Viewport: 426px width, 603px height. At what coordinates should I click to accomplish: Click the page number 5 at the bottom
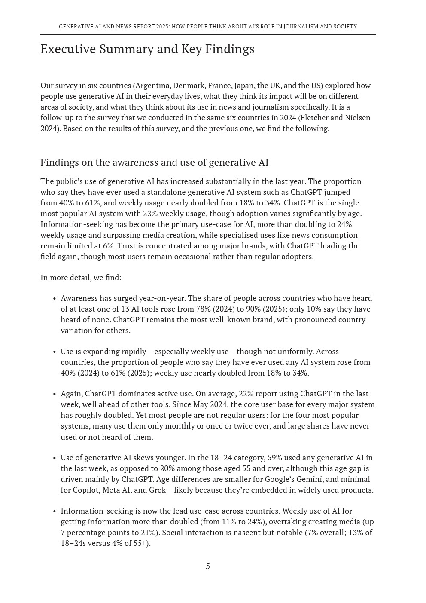coord(208,566)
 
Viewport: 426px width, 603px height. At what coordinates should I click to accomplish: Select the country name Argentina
coord(153,86)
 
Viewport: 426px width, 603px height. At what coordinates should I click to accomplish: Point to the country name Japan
coord(244,86)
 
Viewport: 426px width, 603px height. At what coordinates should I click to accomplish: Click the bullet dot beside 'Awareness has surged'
coord(55,299)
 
